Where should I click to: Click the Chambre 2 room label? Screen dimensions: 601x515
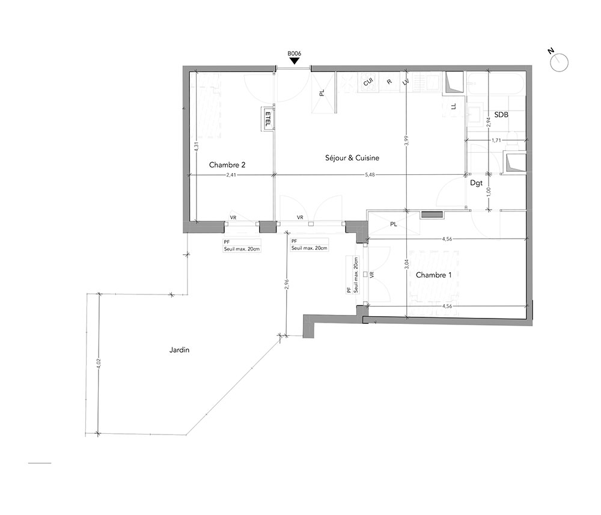tap(227, 165)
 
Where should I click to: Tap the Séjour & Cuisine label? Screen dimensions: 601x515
tap(352, 158)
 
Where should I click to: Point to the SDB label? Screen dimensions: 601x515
tap(501, 115)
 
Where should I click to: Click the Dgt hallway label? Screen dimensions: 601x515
tap(477, 183)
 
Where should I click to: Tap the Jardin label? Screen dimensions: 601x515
tap(179, 350)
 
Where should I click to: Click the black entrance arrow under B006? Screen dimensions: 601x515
tap(294, 61)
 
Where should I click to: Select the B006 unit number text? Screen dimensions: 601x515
tap(294, 53)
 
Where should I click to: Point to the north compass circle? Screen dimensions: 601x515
tap(559, 62)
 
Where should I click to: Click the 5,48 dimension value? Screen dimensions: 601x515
tap(370, 175)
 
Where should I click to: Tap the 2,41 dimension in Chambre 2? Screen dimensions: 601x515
tap(231, 175)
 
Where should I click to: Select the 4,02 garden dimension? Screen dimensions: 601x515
tap(99, 364)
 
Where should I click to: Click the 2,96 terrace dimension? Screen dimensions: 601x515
tap(287, 284)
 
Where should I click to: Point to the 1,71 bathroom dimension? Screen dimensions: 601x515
tap(496, 140)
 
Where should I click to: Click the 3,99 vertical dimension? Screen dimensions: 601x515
tap(407, 141)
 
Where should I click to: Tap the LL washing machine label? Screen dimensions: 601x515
tap(454, 107)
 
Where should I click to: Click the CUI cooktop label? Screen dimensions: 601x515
tap(368, 82)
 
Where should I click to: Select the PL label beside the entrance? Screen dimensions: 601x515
tap(322, 93)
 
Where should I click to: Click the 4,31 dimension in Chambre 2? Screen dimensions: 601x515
tap(196, 147)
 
